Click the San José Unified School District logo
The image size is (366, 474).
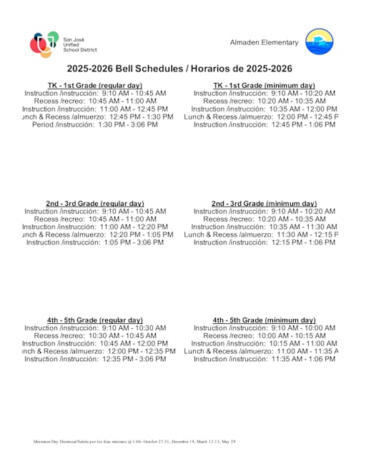pyautogui.click(x=63, y=44)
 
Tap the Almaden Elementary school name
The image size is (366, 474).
pyautogui.click(x=264, y=42)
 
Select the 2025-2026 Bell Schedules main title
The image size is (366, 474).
pyautogui.click(x=179, y=69)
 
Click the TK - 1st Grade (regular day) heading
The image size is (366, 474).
pyautogui.click(x=95, y=86)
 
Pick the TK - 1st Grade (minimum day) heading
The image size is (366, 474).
pyautogui.click(x=264, y=86)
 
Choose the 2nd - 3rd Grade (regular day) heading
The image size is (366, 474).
pyautogui.click(x=95, y=204)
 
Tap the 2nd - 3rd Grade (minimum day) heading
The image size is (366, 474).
pyautogui.click(x=264, y=204)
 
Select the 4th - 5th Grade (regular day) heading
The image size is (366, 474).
pyautogui.click(x=95, y=320)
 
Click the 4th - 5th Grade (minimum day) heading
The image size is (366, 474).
pyautogui.click(x=264, y=320)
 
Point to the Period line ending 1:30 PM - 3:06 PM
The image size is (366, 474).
pyautogui.click(x=95, y=124)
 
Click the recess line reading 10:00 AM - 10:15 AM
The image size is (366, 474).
pyautogui.click(x=264, y=335)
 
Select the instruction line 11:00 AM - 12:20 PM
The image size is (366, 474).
pyautogui.click(x=95, y=227)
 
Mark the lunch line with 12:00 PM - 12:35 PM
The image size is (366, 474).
pyautogui.click(x=95, y=351)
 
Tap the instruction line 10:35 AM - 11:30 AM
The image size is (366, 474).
pyautogui.click(x=264, y=227)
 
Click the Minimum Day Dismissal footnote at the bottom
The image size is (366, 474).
pyautogui.click(x=134, y=443)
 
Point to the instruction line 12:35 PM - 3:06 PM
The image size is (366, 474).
pyautogui.click(x=95, y=359)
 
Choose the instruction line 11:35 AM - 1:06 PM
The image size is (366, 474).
pyautogui.click(x=264, y=359)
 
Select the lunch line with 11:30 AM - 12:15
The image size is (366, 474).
pyautogui.click(x=264, y=234)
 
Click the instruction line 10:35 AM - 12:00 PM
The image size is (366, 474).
pyautogui.click(x=264, y=109)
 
